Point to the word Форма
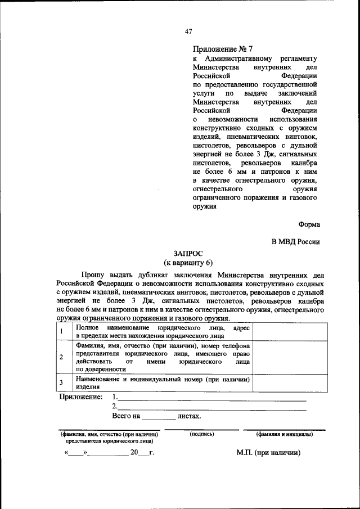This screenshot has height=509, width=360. click(309, 224)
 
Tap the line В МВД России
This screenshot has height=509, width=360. click(296, 242)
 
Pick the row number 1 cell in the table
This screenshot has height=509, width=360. click(61, 331)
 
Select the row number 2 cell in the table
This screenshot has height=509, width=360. click(61, 357)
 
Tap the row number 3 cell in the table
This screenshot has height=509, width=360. click(61, 383)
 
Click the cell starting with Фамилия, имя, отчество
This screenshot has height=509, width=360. click(163, 357)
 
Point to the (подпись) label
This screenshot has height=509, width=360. click(201, 434)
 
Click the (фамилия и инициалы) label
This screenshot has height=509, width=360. click(285, 434)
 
